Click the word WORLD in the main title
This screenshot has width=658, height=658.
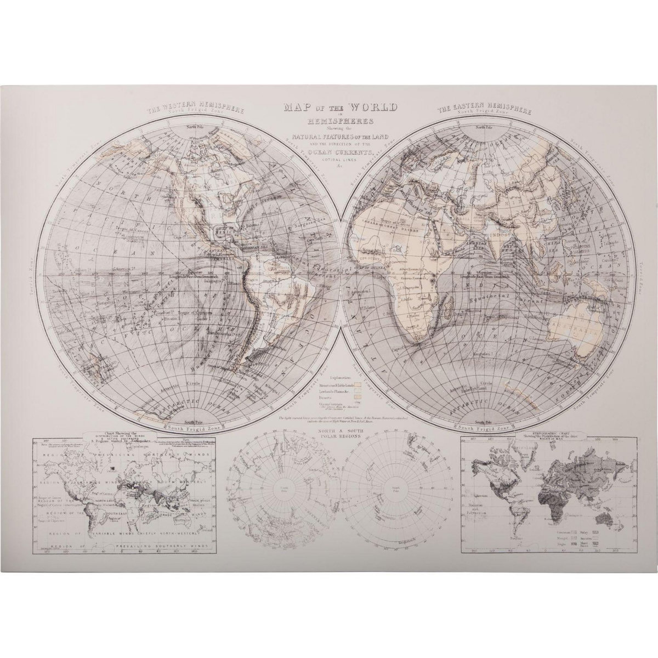369,107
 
